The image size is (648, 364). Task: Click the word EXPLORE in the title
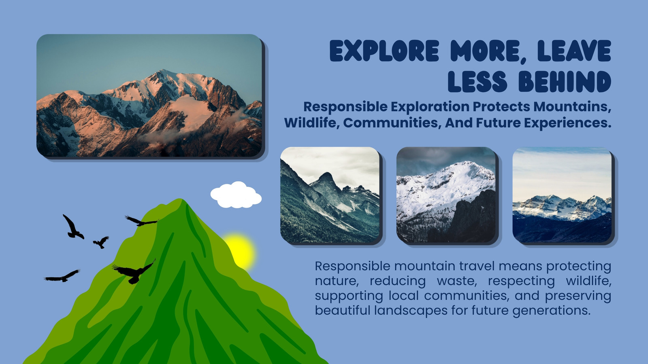pyautogui.click(x=384, y=51)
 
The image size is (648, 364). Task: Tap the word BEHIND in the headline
pyautogui.click(x=565, y=82)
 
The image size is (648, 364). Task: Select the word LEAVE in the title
pyautogui.click(x=574, y=51)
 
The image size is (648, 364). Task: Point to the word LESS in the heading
pyautogui.click(x=477, y=82)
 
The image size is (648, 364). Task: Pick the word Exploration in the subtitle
pyautogui.click(x=430, y=107)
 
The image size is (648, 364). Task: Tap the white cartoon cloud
pyautogui.click(x=236, y=195)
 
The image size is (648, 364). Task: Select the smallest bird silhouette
pyautogui.click(x=101, y=242)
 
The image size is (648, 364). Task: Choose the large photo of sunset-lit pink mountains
pyautogui.click(x=149, y=95)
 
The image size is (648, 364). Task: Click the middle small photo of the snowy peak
pyautogui.click(x=446, y=195)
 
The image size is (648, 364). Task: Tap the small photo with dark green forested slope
pyautogui.click(x=330, y=195)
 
